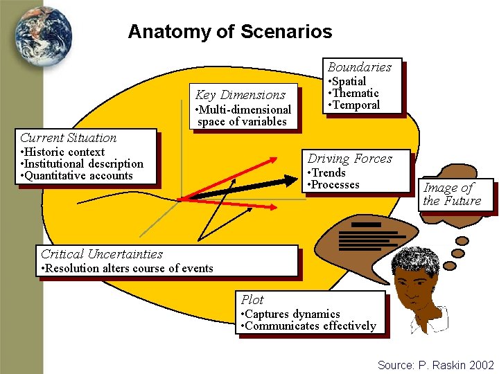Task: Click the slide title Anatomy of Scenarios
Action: pos(229,32)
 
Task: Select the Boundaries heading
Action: pos(360,67)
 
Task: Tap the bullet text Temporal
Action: pos(357,105)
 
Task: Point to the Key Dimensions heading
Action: pos(240,95)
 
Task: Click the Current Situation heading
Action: pos(69,138)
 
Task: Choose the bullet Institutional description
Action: pos(82,164)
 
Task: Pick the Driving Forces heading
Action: pos(350,159)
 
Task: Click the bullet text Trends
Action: pos(328,173)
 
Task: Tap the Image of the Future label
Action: pos(452,195)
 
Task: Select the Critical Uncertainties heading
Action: pos(102,254)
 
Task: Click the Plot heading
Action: pos(252,300)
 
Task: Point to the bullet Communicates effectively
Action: pos(310,326)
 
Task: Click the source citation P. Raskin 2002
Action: pos(436,365)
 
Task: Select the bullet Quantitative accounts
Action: pos(78,176)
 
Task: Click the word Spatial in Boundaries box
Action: pos(350,82)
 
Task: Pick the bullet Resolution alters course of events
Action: pos(128,269)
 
